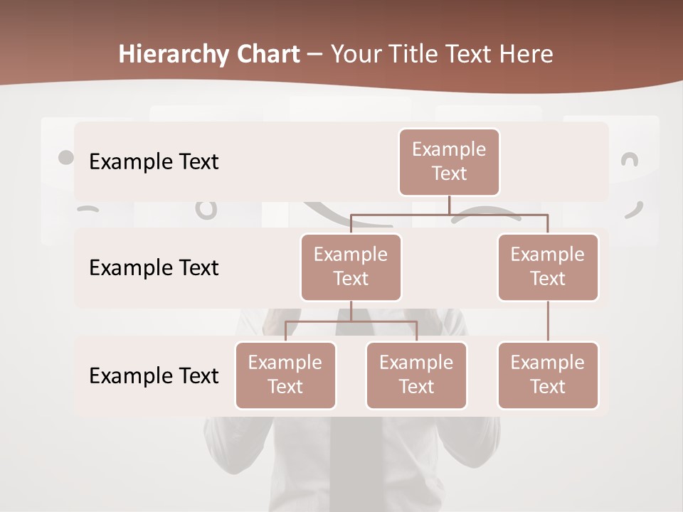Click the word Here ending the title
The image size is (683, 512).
coord(527,55)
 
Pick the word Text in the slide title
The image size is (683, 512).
coord(472,55)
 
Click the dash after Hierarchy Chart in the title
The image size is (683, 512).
coord(314,55)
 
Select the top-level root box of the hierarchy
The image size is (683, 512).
coord(449,161)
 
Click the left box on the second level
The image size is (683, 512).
coord(351,267)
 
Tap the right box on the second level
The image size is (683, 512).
coord(548,267)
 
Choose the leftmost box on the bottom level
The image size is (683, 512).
coord(285,375)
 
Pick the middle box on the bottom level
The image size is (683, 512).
coord(416,375)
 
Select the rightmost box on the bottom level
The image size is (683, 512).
coord(548,375)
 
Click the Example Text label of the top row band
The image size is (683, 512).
coord(154,161)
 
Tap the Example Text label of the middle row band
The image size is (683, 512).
coord(154,267)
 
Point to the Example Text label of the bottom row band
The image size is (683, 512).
coord(154,375)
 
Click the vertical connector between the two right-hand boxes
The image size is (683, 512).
coord(548,321)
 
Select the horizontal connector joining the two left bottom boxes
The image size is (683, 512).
coord(351,321)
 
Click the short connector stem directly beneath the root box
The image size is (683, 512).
coord(449,205)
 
